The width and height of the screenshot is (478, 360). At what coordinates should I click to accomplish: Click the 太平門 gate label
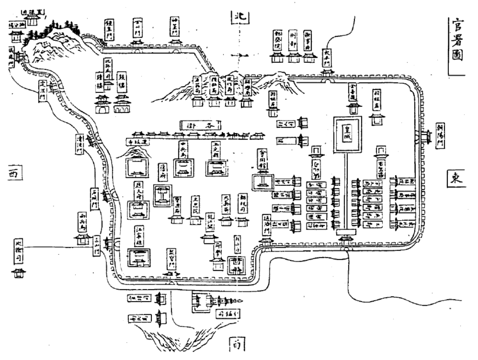(327, 57)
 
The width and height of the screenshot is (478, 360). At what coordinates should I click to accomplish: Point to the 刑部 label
(292, 41)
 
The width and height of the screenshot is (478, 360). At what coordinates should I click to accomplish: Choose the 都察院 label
(278, 41)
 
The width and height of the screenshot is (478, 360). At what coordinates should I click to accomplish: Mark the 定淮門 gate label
(43, 90)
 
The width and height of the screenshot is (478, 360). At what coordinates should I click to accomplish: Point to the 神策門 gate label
(174, 27)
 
